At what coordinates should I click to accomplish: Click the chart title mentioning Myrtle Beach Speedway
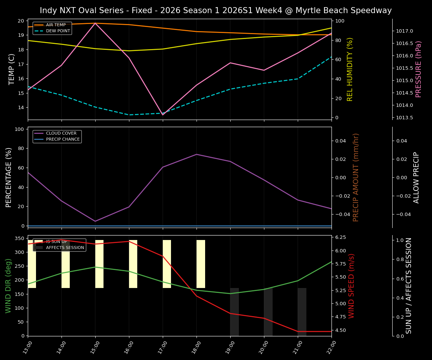[x=216, y=10]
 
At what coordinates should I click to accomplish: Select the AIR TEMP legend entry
[x=55, y=25]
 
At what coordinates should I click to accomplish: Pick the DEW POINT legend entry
[x=58, y=31]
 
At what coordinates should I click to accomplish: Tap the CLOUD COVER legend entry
[x=61, y=133]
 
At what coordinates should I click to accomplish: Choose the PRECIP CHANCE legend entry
[x=63, y=139]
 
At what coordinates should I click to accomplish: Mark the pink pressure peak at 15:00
[x=95, y=23]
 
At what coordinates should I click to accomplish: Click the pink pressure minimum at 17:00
[x=163, y=115]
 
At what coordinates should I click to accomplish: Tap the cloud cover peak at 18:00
[x=196, y=154]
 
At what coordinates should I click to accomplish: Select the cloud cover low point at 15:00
[x=95, y=221]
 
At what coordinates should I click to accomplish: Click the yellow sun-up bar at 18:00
[x=201, y=264]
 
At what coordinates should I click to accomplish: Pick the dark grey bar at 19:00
[x=234, y=312]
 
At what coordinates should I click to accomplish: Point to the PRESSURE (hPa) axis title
[x=418, y=69]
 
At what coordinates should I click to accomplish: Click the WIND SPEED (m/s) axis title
[x=351, y=286]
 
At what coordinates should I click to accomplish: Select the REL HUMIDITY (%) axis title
[x=350, y=69]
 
